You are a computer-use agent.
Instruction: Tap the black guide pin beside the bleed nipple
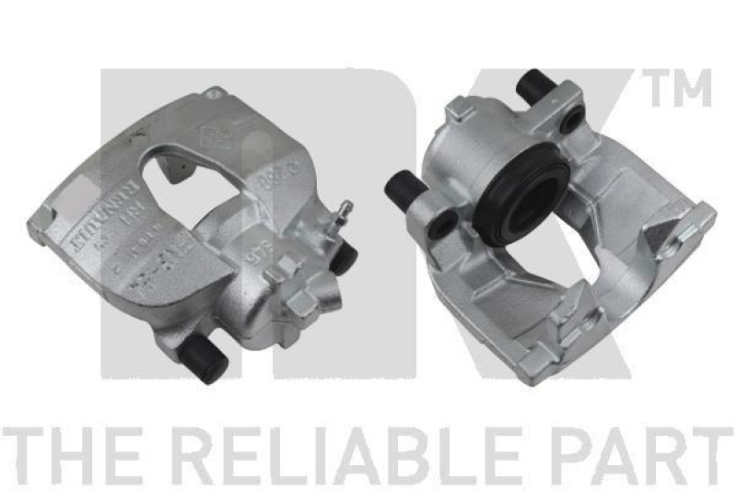(x=345, y=258)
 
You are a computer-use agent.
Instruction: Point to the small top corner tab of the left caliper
(x=216, y=93)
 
